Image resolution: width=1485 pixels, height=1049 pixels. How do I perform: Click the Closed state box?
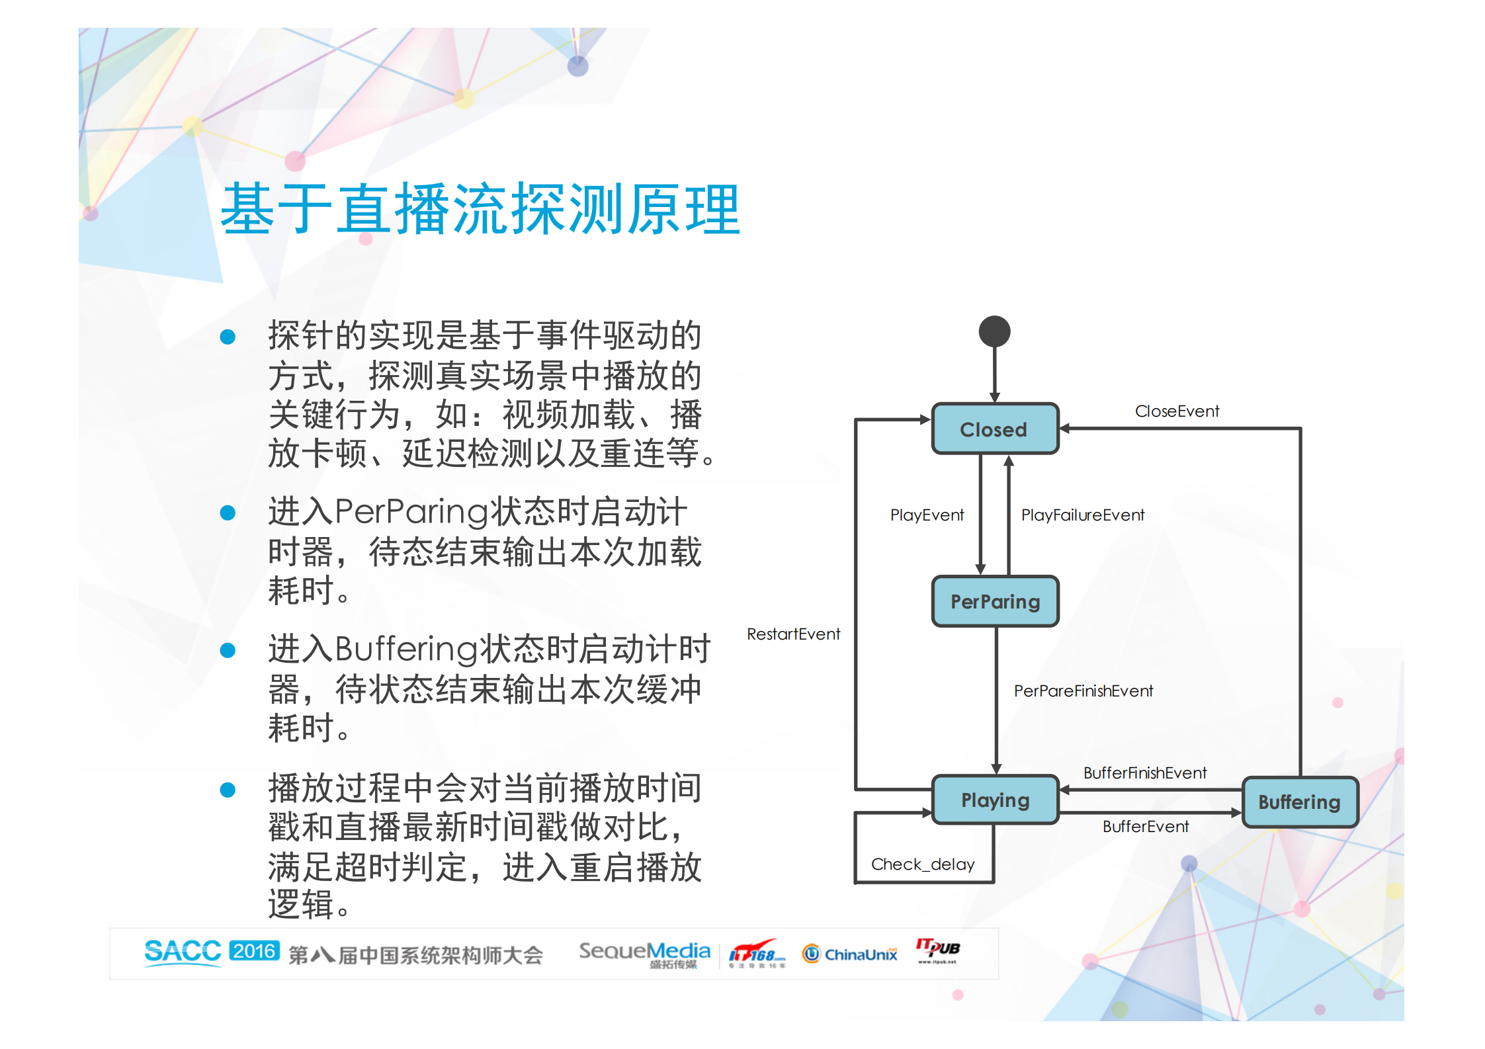pos(994,429)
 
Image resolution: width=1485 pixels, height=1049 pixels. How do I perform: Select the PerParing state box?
pos(995,601)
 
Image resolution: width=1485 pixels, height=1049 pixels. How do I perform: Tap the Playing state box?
pos(995,800)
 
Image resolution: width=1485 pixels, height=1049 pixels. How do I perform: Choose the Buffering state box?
pos(1299,802)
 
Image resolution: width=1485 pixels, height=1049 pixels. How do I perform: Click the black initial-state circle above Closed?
pos(994,331)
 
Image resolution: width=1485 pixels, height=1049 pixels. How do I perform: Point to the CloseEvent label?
pos(1177,411)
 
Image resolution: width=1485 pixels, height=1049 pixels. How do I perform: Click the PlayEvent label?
pos(927,515)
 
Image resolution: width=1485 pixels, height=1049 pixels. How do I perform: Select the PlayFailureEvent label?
pos(1082,515)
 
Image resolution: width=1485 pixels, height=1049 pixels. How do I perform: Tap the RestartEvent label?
pos(793,634)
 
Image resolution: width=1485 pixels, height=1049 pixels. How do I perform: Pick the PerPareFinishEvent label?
pos(1083,691)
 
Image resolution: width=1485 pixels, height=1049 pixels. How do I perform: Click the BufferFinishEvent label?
pos(1144,773)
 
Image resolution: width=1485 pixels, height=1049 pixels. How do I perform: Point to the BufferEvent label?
pos(1145,827)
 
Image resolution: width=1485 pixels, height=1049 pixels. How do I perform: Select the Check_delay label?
pos(923,864)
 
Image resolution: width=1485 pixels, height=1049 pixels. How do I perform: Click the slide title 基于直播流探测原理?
pos(480,210)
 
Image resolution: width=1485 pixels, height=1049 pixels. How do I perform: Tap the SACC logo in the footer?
pos(183,952)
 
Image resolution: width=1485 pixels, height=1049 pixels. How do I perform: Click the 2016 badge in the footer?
pos(255,951)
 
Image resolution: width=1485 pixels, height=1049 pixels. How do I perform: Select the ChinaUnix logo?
pos(850,954)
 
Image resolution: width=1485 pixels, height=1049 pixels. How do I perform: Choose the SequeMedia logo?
pos(644,953)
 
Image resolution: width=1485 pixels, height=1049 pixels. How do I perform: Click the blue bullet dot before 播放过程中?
pos(228,790)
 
